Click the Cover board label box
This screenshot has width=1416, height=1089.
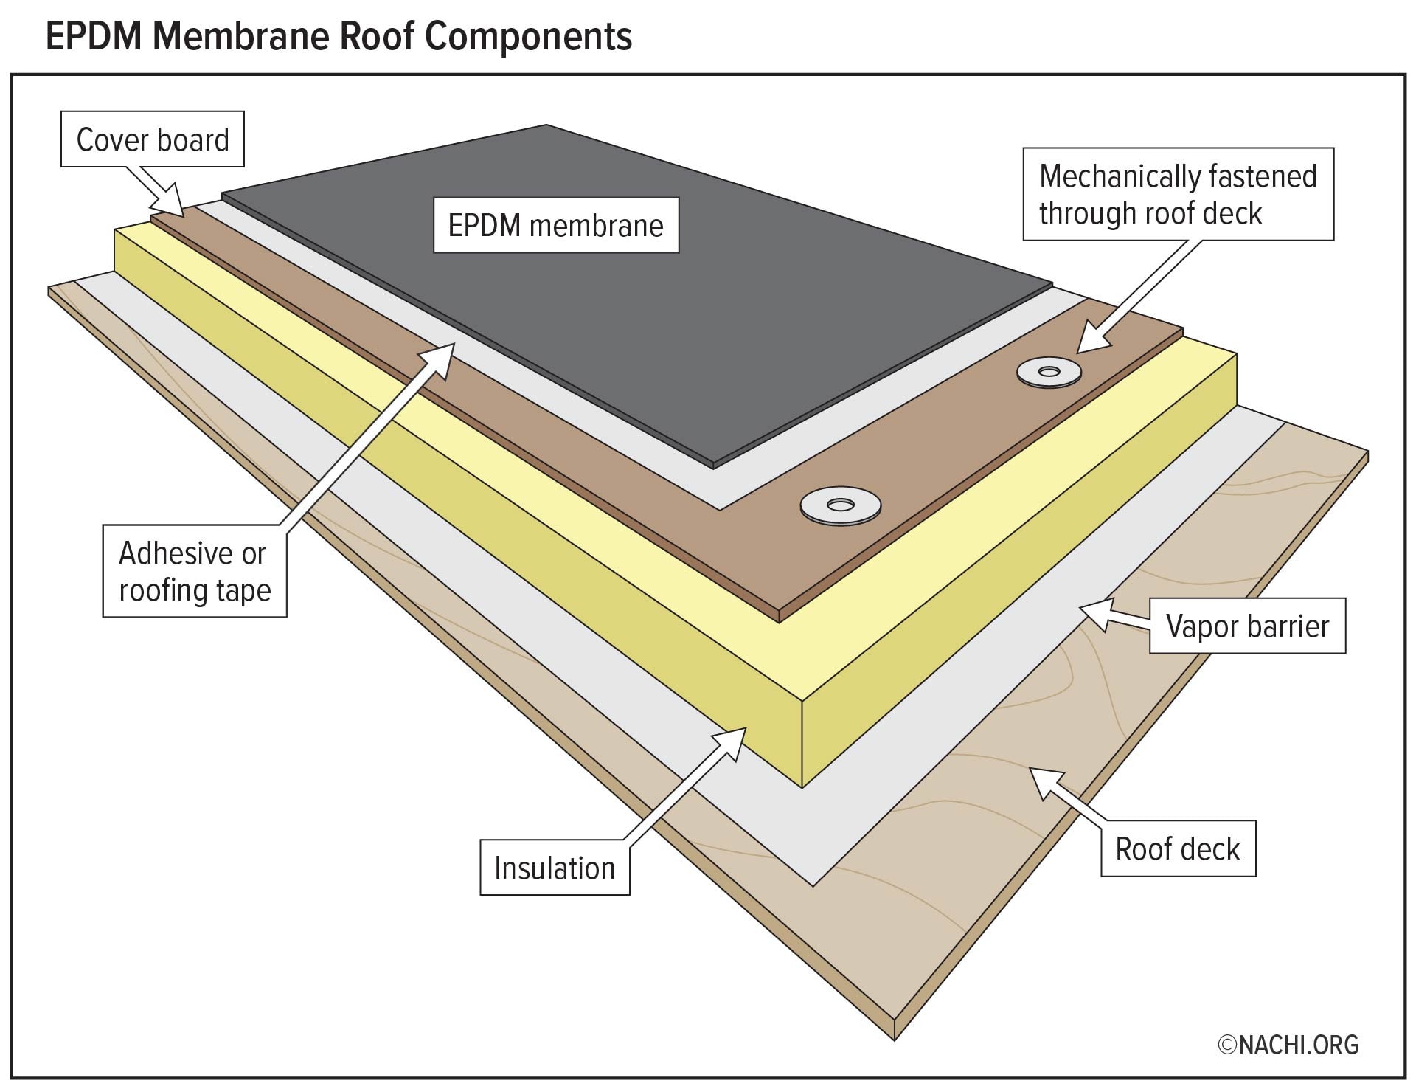pyautogui.click(x=153, y=139)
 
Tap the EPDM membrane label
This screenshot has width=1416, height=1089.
pyautogui.click(x=555, y=225)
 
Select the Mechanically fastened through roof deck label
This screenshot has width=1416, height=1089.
pyautogui.click(x=1178, y=195)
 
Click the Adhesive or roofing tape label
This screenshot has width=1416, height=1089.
pyautogui.click(x=195, y=571)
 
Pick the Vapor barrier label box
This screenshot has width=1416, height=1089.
pyautogui.click(x=1247, y=626)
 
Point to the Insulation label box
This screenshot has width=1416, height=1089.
pyautogui.click(x=555, y=868)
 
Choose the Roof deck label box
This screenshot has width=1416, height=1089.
pyautogui.click(x=1178, y=848)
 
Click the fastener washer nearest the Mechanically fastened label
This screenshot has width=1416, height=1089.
pyautogui.click(x=1049, y=372)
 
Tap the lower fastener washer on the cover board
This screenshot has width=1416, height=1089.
pyautogui.click(x=839, y=506)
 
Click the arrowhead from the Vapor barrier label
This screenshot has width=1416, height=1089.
pyautogui.click(x=1094, y=615)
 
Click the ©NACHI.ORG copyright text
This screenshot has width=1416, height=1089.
pyautogui.click(x=1288, y=1044)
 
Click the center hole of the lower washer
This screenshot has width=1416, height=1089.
pyautogui.click(x=839, y=505)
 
